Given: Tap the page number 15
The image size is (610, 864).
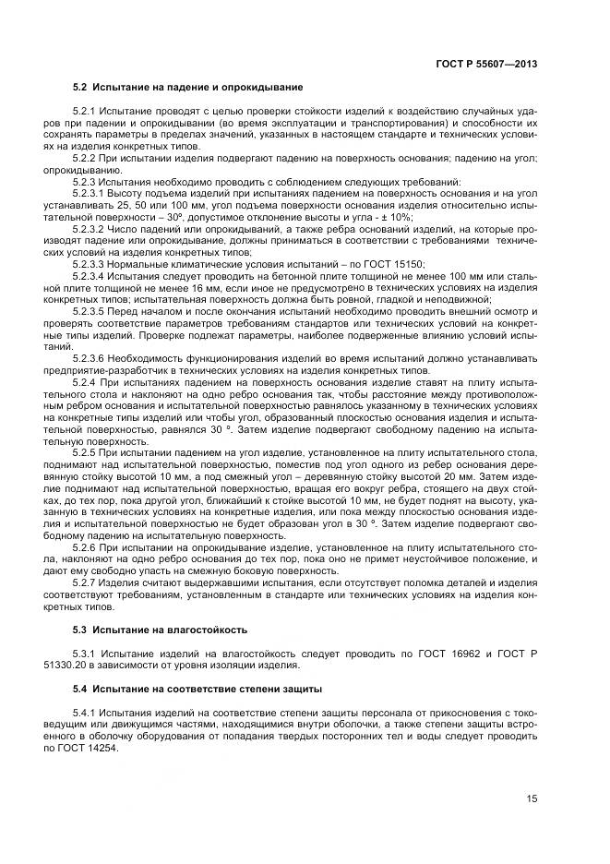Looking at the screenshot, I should pos(532,798).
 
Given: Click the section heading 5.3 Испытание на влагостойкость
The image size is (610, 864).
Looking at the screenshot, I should pos(160,630).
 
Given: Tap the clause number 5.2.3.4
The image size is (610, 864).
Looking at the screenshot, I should pos(90,275).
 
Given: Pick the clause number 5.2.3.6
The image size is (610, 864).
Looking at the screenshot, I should pos(90,357).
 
